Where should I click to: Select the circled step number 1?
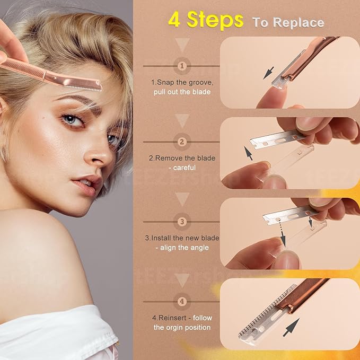click(x=182, y=66)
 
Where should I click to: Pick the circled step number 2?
click(x=182, y=142)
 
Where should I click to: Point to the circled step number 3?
click(x=182, y=222)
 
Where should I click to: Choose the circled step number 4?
click(x=182, y=302)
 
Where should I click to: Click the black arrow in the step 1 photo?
click(x=269, y=72)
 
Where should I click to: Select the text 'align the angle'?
click(x=182, y=248)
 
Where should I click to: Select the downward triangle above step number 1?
click(x=182, y=45)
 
